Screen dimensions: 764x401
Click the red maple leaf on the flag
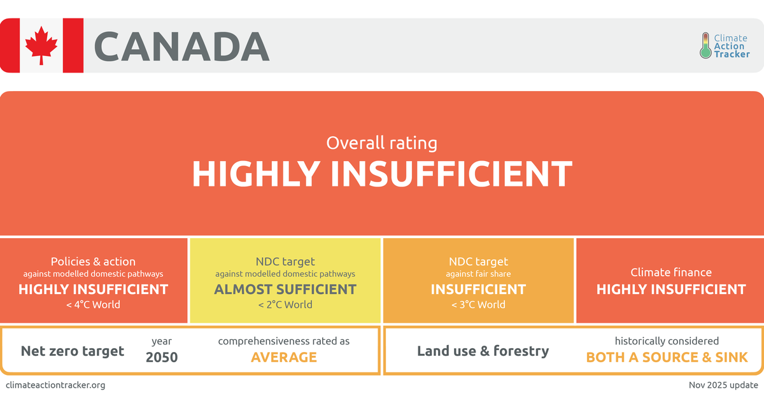(x=41, y=45)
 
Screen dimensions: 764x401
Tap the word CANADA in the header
(x=182, y=46)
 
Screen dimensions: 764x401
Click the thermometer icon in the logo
(x=705, y=45)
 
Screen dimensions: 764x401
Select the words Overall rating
(x=381, y=143)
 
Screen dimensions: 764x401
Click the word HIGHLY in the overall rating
(x=256, y=174)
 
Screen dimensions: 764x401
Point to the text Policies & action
(x=93, y=262)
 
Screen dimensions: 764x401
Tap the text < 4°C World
(x=93, y=304)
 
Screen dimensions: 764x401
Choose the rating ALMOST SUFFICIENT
(x=285, y=289)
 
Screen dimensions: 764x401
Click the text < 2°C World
(x=285, y=304)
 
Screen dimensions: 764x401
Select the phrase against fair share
(x=478, y=274)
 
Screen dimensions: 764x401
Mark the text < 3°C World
(x=478, y=304)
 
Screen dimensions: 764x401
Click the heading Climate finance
(x=671, y=272)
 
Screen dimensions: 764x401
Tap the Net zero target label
(x=73, y=351)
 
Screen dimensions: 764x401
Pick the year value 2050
(x=162, y=357)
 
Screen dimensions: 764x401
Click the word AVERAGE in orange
(x=284, y=357)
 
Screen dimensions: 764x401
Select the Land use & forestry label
(x=483, y=351)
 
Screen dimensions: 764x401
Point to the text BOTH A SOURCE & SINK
(x=667, y=357)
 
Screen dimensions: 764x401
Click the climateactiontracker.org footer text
(x=55, y=385)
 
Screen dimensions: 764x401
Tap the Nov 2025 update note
(x=723, y=385)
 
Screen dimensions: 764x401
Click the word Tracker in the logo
(x=732, y=54)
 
